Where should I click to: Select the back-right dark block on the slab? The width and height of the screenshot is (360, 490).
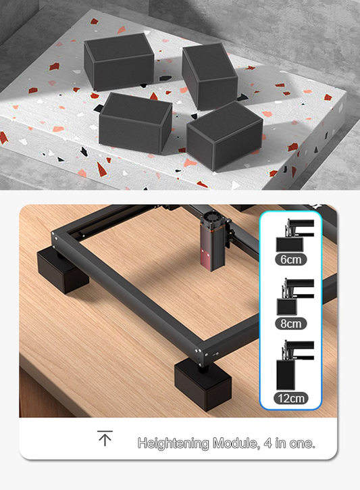[209, 75]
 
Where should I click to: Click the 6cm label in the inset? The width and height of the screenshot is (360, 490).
[290, 259]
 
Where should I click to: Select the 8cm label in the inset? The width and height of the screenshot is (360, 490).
[291, 323]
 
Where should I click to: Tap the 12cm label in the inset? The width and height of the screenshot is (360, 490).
[291, 398]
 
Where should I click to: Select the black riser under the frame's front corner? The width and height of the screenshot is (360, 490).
[203, 385]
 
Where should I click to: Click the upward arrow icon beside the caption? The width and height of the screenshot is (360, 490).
[105, 439]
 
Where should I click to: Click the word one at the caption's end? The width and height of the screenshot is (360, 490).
[301, 443]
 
